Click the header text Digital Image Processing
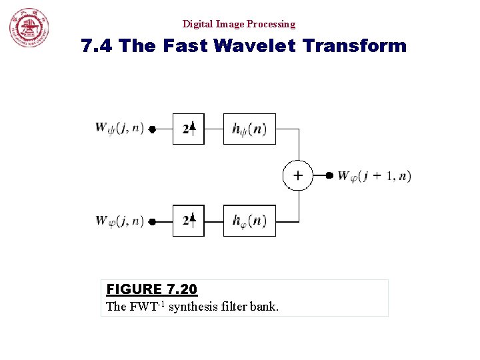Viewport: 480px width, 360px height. tap(239, 24)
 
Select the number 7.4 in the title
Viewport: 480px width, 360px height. tap(95, 46)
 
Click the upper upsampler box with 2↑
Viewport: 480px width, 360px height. tap(189, 129)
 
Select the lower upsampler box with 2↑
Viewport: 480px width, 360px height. tap(189, 221)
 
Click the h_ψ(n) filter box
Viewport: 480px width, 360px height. tap(249, 129)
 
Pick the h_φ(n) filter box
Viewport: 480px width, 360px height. tap(249, 221)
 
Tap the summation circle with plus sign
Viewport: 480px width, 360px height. tap(297, 175)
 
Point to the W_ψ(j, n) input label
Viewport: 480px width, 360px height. tap(119, 128)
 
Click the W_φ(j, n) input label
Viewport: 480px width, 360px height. tap(119, 220)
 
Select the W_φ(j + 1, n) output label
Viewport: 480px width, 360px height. tap(374, 176)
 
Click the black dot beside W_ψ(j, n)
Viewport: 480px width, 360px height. tap(152, 130)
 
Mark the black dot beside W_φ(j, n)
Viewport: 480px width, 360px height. tap(152, 221)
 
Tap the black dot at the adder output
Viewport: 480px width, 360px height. tap(329, 176)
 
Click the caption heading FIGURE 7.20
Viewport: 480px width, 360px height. tap(152, 289)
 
